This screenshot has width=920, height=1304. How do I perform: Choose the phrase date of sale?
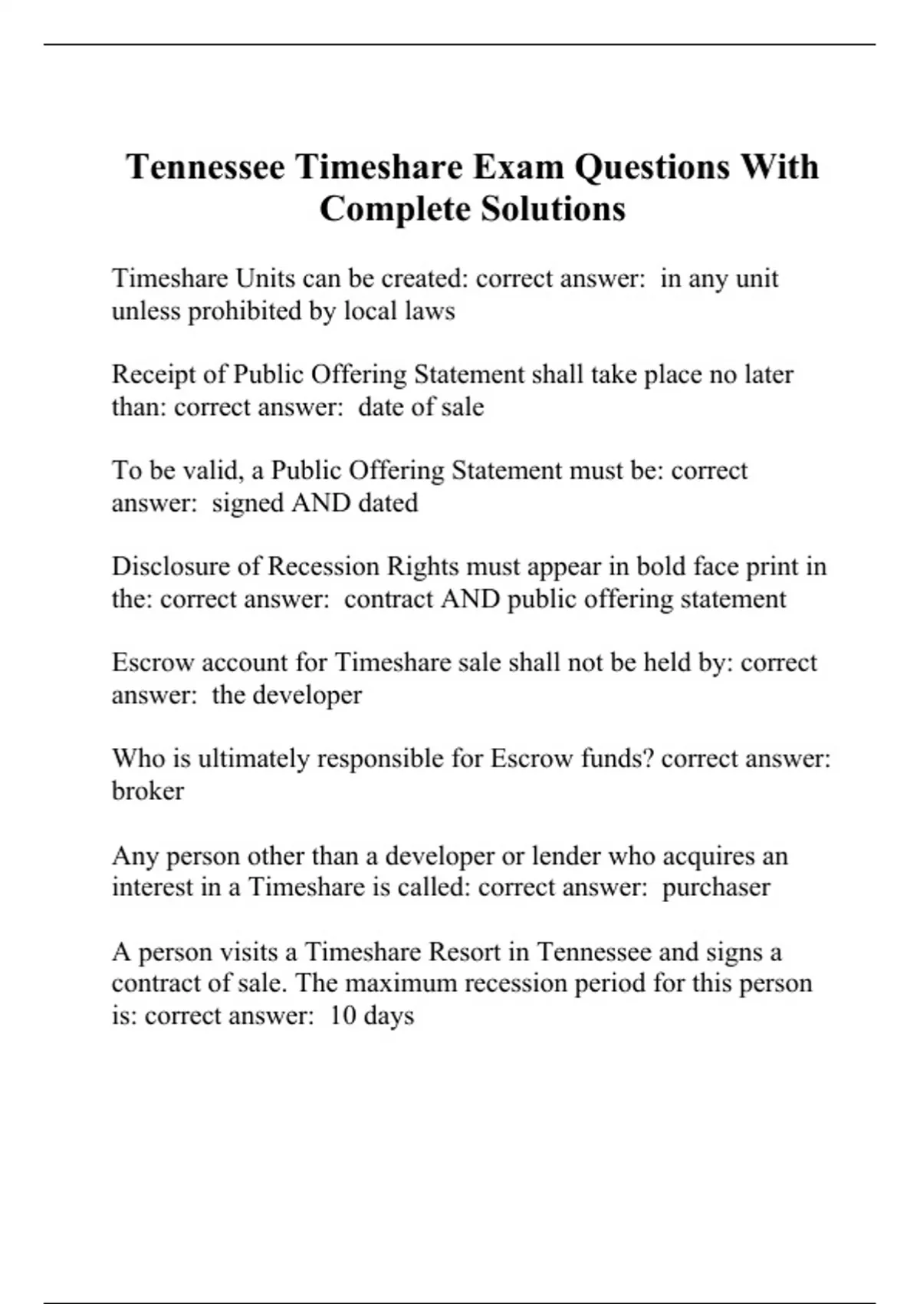coord(421,407)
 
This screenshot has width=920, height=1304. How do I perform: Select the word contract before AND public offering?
coord(389,599)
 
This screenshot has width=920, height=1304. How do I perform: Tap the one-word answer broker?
coord(148,791)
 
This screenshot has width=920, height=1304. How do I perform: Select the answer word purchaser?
coord(716,887)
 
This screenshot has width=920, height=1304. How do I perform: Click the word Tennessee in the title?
coord(205,166)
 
